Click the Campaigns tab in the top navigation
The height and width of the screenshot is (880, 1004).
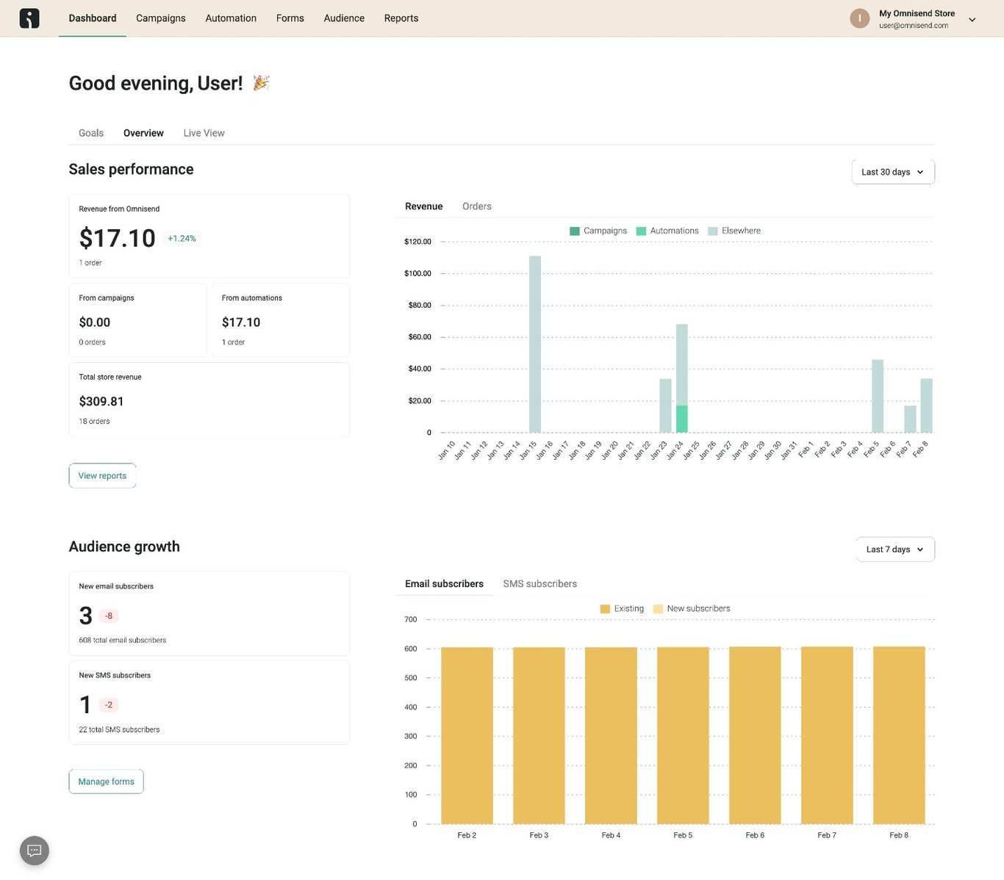[160, 18]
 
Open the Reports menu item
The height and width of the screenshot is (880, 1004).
[401, 18]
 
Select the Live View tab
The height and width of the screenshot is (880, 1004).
[204, 133]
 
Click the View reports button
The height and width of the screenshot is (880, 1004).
[102, 476]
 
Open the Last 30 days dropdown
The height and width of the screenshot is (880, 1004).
[892, 172]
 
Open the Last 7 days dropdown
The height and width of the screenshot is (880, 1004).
[894, 549]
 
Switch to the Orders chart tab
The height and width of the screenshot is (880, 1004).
[476, 206]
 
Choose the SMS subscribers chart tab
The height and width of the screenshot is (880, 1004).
[539, 584]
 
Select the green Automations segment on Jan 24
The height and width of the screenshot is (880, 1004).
[681, 419]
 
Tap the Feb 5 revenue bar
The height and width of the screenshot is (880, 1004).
[878, 396]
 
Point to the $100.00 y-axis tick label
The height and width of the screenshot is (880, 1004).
[417, 273]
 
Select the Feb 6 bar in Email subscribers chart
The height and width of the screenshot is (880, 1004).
[755, 735]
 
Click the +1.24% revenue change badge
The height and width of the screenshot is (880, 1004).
[182, 239]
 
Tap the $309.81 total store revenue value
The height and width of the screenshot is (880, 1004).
[101, 402]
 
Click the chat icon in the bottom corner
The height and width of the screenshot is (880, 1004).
[35, 851]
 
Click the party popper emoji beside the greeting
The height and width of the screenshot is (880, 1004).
[261, 83]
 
